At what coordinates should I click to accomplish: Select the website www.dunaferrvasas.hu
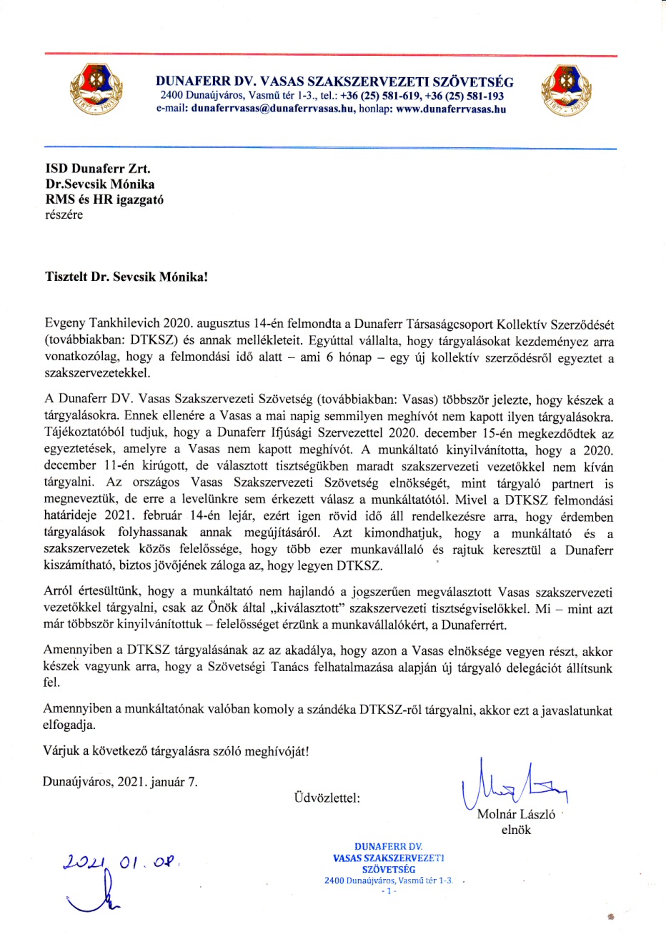pos(451,109)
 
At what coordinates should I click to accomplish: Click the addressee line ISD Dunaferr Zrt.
pos(98,169)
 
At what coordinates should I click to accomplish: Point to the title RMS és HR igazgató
pos(104,199)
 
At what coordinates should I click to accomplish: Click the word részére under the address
pos(64,214)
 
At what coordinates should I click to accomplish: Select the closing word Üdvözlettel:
pos(327,798)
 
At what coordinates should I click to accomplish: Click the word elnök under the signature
pos(516,831)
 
